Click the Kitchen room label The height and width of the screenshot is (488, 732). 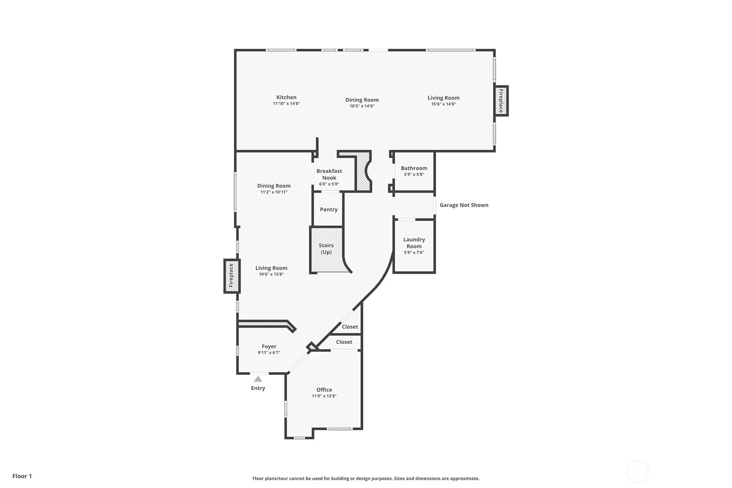pos(286,98)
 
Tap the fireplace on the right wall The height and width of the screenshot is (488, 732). pos(501,101)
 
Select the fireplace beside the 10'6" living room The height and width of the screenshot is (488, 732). pos(231,276)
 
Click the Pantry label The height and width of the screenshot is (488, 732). pos(329,210)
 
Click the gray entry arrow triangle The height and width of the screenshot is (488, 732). pos(258,379)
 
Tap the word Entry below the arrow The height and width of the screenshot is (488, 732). pos(258,388)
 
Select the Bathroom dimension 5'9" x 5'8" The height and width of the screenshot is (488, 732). pos(414,175)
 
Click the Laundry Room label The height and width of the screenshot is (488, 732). pos(414,243)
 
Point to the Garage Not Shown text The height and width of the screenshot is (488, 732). pos(464,205)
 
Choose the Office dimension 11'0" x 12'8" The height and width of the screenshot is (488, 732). pos(324,396)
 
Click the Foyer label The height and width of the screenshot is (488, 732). pos(269,346)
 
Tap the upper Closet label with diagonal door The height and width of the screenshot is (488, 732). pos(350,327)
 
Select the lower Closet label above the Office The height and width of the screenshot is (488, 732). pos(344,342)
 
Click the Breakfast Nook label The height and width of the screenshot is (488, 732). pos(329,174)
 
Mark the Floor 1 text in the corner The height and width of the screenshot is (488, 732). pos(22,476)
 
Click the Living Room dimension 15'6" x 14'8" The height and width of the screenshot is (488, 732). pos(443,104)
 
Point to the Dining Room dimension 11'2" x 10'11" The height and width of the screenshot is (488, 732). pos(273,192)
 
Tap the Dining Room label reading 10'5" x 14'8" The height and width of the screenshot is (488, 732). pos(362,100)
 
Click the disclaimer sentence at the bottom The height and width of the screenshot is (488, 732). pos(366,479)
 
